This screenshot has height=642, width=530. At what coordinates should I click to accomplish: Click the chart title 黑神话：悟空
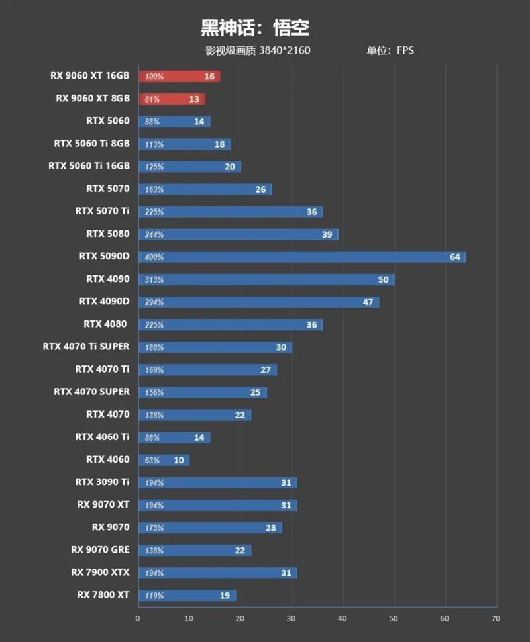tap(255, 28)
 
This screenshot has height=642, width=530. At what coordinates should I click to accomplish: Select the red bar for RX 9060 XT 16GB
tap(179, 76)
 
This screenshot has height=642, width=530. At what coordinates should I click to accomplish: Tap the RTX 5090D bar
tap(301, 257)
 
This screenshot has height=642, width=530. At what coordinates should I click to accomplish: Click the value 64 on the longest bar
tap(454, 257)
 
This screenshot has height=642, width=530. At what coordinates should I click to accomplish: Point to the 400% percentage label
tap(154, 257)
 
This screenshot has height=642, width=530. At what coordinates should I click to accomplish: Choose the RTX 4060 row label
tap(107, 459)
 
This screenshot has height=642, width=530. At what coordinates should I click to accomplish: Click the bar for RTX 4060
tap(164, 460)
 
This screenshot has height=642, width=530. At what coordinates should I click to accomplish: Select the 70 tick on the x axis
tap(496, 619)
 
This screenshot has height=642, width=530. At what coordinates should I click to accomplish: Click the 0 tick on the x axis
tap(138, 619)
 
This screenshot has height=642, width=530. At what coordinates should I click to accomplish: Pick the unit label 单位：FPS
tap(390, 50)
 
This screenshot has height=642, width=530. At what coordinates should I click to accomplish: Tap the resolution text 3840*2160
tap(285, 50)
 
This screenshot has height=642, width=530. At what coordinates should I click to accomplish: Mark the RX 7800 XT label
tap(103, 595)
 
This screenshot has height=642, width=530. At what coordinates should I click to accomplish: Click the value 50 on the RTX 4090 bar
tap(383, 279)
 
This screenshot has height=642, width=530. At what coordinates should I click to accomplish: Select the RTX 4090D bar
tap(258, 302)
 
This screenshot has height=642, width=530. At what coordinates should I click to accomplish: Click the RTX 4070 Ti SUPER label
tap(86, 346)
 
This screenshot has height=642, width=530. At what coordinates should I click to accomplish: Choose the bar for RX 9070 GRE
tap(194, 550)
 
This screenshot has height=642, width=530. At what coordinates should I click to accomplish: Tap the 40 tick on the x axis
tap(343, 619)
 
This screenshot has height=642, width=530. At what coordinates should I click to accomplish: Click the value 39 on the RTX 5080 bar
tap(327, 234)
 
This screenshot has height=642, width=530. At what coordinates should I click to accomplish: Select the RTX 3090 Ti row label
tap(102, 482)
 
